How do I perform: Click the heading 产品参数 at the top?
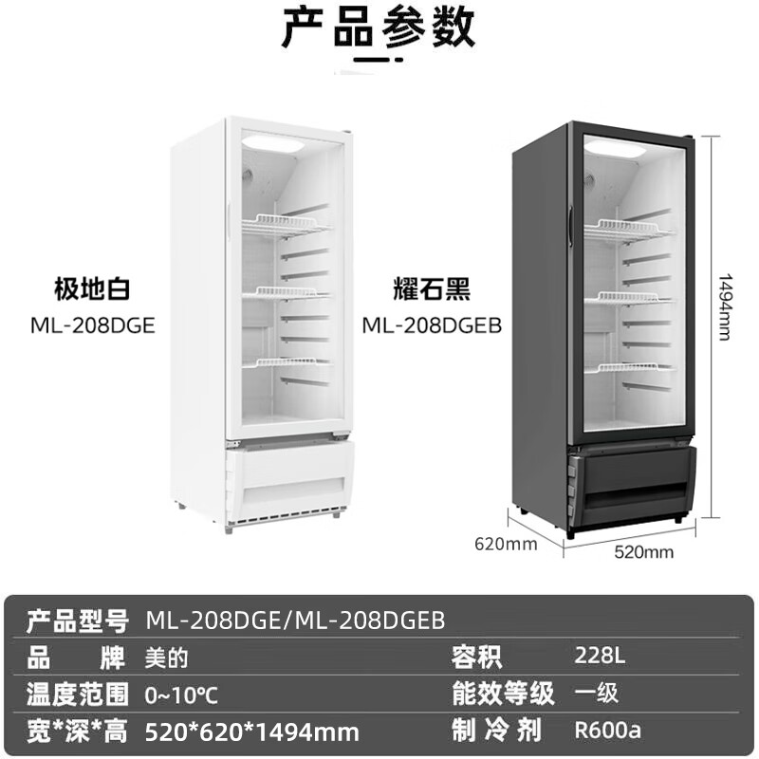[x=379, y=29]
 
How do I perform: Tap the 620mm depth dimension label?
[x=506, y=544]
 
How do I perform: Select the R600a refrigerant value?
[x=608, y=731]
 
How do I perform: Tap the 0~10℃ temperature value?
[x=182, y=694]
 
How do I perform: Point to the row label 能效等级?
[x=502, y=694]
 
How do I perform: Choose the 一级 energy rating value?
[x=597, y=694]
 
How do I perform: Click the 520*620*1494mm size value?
[x=252, y=731]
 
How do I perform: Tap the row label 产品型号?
[x=77, y=620]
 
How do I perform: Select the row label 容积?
[x=478, y=657]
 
